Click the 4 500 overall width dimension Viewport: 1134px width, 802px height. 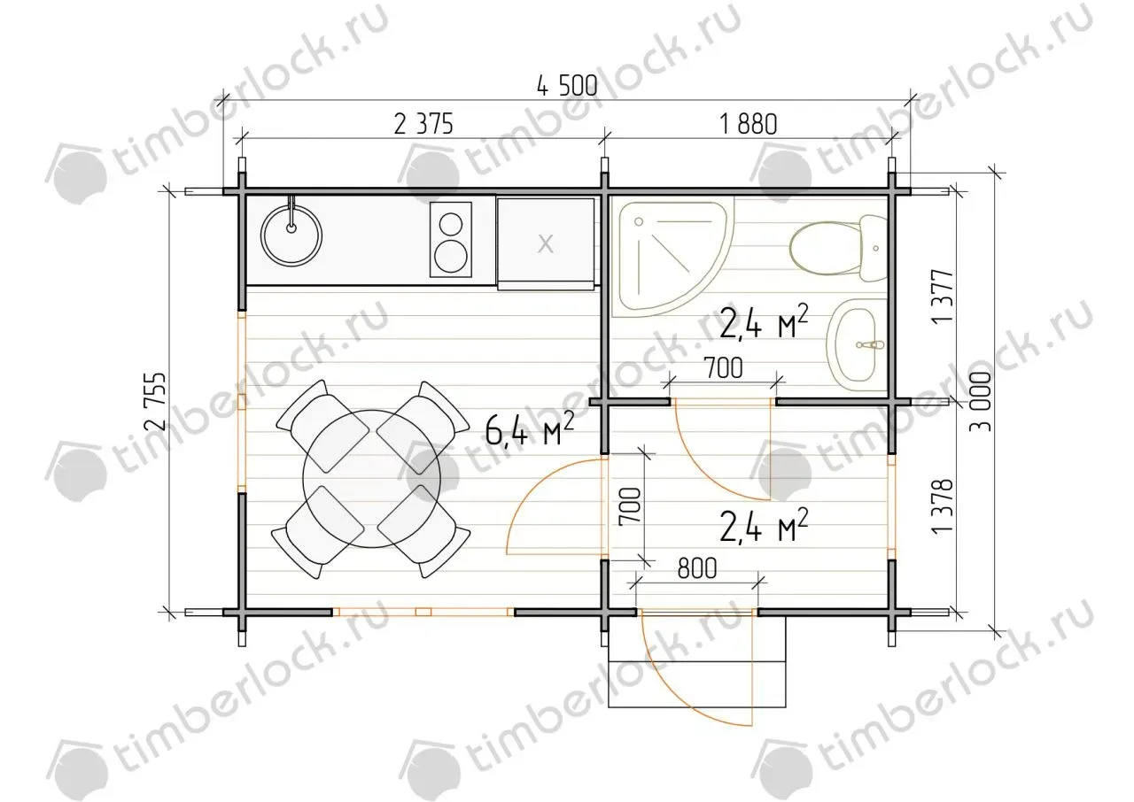567,86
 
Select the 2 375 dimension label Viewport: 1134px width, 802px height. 423,125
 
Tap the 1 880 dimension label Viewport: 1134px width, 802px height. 749,125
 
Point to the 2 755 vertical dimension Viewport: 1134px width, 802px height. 155,401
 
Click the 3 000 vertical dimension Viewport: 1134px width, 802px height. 981,401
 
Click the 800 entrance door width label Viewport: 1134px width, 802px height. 697,568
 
